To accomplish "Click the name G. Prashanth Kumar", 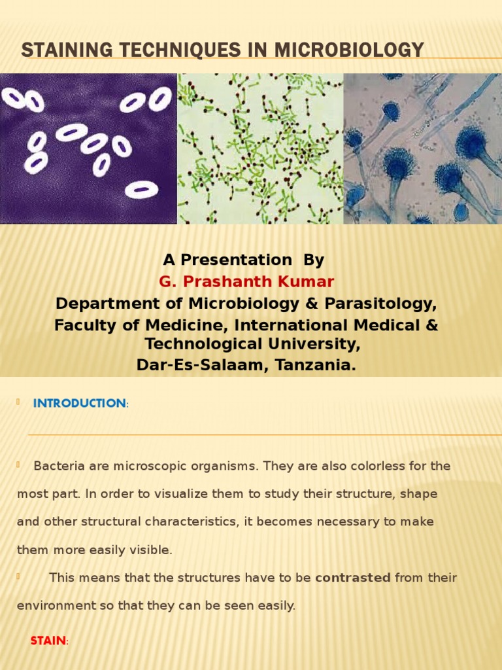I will click(x=247, y=281).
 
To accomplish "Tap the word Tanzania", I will click(x=316, y=365).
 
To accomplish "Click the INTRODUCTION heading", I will click(x=80, y=403).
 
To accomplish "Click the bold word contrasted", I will click(x=353, y=578).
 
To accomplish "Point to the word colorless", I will click(x=367, y=467).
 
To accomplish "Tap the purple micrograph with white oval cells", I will click(x=88, y=149).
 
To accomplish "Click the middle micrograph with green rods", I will click(x=260, y=149).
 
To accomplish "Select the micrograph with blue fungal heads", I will click(x=422, y=149).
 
